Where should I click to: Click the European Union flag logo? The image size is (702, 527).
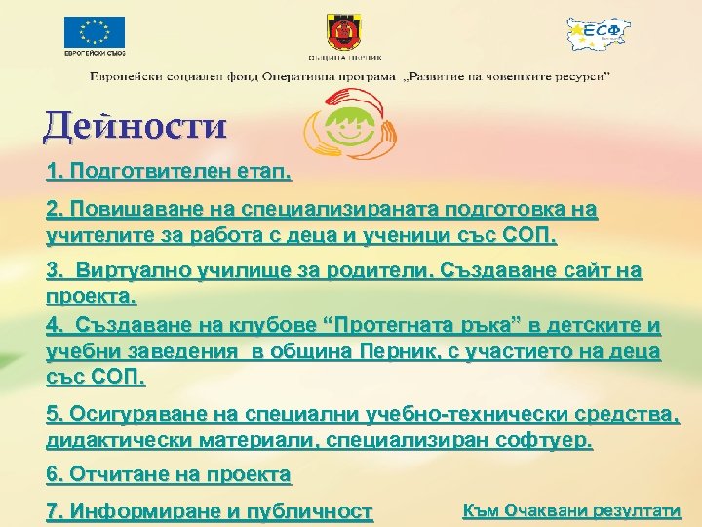click(95, 32)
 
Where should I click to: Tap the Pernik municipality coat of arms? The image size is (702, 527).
click(349, 36)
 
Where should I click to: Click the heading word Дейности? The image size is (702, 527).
click(136, 127)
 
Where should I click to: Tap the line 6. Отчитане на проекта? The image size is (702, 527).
click(168, 475)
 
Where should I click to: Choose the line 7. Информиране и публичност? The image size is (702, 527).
click(209, 511)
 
